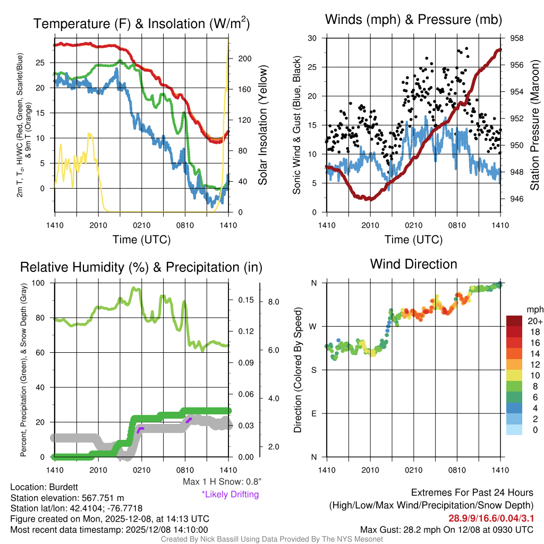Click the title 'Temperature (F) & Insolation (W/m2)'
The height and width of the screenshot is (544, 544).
[x=141, y=24]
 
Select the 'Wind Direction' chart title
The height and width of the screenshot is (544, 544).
[x=413, y=264]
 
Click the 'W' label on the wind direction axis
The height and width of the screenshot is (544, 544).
[x=314, y=326]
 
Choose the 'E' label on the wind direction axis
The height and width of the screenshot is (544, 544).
[x=314, y=413]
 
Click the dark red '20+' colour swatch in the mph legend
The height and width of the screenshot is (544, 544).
[x=515, y=321]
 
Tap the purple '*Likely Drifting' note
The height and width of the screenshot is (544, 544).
[x=230, y=494]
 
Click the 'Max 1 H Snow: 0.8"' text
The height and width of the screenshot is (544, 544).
[x=222, y=482]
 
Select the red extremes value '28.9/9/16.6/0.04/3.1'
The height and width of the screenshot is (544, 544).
[x=491, y=518]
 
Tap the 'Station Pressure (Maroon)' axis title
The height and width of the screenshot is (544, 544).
[x=535, y=125]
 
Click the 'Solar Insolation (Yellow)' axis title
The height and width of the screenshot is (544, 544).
[x=262, y=125]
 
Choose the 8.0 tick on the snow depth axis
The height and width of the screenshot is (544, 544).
[x=274, y=302]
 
